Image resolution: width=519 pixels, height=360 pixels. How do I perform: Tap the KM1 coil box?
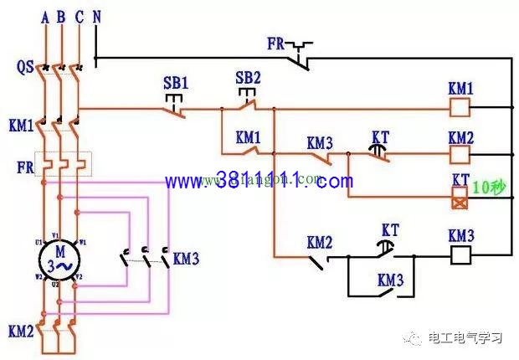click(460, 107)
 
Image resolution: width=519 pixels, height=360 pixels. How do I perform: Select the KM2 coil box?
click(460, 154)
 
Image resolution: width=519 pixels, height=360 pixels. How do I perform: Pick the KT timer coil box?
click(460, 198)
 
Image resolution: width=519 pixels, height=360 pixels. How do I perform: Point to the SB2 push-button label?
click(248, 77)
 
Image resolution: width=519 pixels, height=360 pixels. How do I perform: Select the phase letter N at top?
click(97, 17)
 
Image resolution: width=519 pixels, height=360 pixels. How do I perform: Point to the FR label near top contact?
click(277, 42)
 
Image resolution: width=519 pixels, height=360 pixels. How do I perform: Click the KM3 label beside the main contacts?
click(186, 259)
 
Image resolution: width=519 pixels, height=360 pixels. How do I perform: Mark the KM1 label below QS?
click(20, 126)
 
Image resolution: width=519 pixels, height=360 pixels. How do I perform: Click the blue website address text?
click(259, 181)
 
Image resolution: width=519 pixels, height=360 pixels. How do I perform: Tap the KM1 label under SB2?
click(249, 136)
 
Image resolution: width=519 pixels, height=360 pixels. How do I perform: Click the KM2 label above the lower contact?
click(319, 242)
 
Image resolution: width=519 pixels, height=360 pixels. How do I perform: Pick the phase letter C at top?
click(79, 17)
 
